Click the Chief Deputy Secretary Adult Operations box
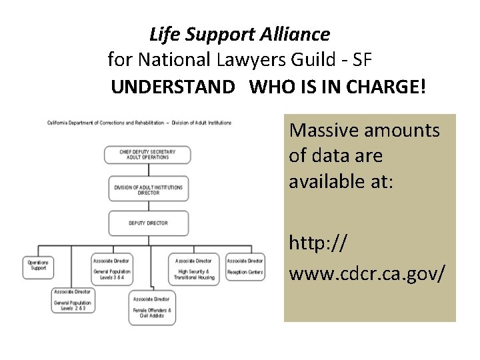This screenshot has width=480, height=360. (x=147, y=155)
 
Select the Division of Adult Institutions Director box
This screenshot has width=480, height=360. (x=147, y=189)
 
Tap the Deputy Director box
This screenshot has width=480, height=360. (x=147, y=223)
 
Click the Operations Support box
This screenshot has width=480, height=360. (x=37, y=265)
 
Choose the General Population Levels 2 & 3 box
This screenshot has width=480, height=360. (x=74, y=301)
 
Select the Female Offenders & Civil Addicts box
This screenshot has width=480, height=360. (x=151, y=307)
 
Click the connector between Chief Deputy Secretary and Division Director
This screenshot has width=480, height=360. (x=147, y=170)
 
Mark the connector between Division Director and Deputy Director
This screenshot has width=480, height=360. (x=147, y=206)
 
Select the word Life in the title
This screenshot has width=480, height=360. (x=161, y=33)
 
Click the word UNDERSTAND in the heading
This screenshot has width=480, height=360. (x=173, y=87)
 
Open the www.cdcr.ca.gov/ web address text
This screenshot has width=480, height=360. (x=367, y=273)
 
